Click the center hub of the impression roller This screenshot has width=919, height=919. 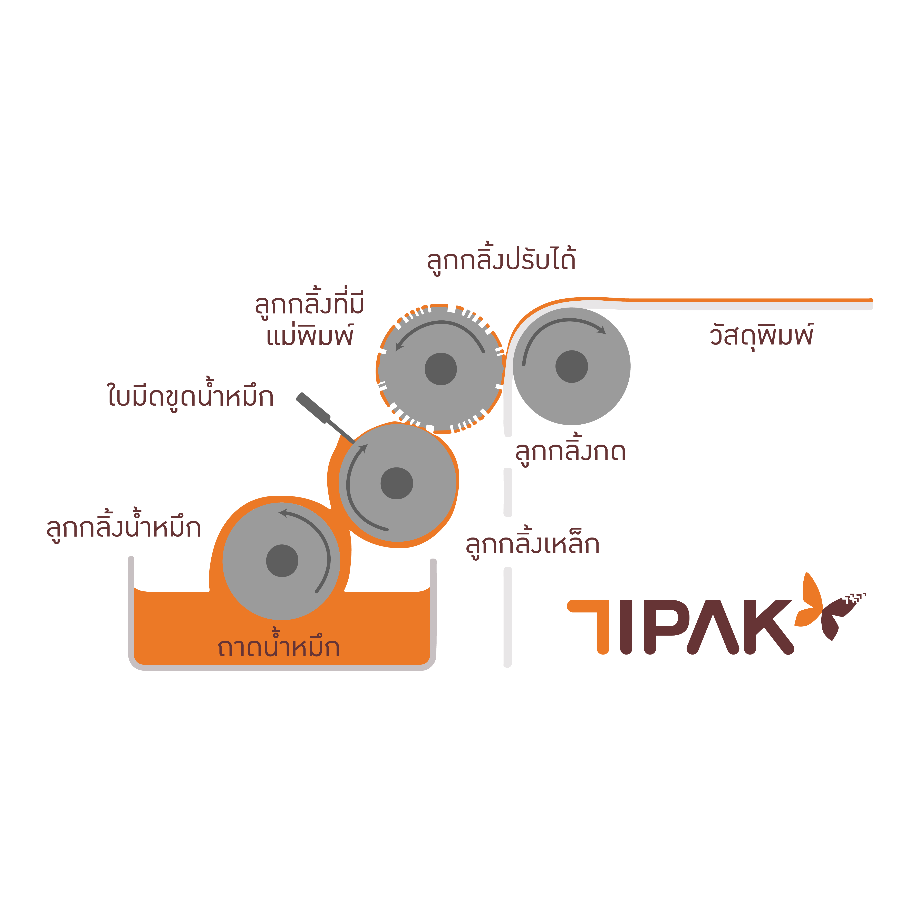point(571,366)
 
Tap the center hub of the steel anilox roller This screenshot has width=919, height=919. point(397,483)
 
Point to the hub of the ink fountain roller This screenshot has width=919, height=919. point(282,560)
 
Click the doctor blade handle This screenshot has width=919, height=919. point(313,408)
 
